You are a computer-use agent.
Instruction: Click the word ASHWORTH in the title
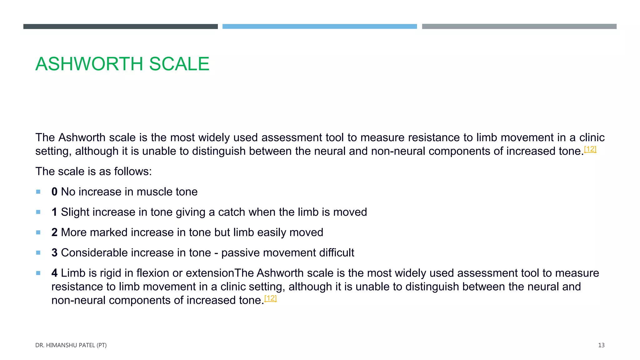coord(89,64)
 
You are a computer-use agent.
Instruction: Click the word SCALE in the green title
coord(179,64)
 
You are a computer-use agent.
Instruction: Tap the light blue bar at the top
coord(319,27)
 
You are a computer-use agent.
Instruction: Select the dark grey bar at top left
coord(120,27)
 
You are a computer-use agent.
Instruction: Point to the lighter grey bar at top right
coord(519,27)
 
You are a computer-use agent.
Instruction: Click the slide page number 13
coord(601,345)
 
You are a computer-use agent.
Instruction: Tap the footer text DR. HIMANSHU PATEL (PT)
coord(71,345)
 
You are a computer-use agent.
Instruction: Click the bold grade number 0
coord(54,192)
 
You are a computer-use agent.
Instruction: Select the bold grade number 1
coord(54,212)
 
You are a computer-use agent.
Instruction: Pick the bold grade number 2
coord(54,232)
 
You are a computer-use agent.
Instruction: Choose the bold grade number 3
coord(54,253)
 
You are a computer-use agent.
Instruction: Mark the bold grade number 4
coord(54,273)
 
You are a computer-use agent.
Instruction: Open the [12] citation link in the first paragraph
coord(590,149)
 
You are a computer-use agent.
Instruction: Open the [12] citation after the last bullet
coord(270,298)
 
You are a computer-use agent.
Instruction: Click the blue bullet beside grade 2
coord(38,232)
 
